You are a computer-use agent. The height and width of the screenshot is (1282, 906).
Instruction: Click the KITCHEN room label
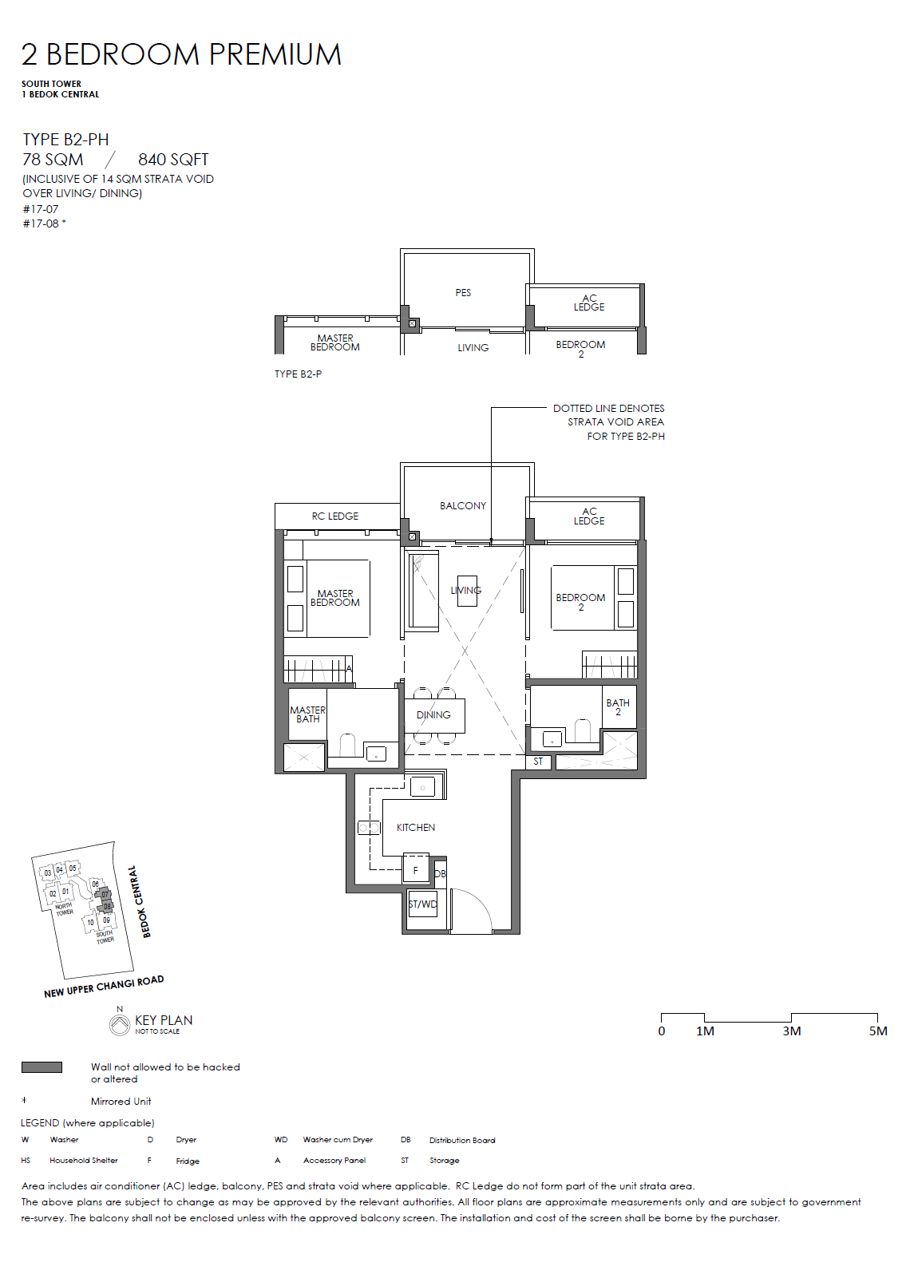click(x=416, y=828)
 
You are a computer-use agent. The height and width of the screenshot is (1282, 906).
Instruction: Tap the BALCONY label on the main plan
click(x=462, y=506)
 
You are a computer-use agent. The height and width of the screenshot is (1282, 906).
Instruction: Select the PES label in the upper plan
click(x=463, y=293)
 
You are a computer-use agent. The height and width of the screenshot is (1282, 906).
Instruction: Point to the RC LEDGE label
click(x=334, y=516)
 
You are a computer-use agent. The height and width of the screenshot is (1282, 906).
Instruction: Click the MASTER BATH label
click(x=308, y=714)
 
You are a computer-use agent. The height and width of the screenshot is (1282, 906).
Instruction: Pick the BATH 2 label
click(x=618, y=706)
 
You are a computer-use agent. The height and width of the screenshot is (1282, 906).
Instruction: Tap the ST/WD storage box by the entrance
click(x=422, y=904)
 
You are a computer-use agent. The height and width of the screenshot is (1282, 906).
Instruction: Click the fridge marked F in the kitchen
click(x=416, y=871)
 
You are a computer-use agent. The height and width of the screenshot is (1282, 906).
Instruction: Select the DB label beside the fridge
click(x=440, y=874)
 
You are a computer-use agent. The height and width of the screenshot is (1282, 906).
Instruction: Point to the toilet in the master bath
click(x=347, y=745)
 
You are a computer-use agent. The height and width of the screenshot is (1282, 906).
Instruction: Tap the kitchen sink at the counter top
click(x=423, y=788)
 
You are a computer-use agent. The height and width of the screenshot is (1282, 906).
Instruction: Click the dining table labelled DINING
click(x=434, y=715)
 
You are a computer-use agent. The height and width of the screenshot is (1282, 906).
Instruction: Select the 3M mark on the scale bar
click(x=792, y=1031)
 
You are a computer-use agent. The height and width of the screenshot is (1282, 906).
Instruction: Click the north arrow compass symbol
click(x=120, y=1025)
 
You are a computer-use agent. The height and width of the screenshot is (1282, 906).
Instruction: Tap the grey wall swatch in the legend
click(x=42, y=1067)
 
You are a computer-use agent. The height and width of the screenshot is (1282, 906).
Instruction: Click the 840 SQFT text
click(x=173, y=160)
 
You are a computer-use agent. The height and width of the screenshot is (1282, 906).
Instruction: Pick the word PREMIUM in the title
click(x=275, y=55)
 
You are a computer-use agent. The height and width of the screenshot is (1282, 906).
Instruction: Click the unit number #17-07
click(x=41, y=209)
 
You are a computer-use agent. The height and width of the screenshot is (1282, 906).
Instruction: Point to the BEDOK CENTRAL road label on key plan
click(x=139, y=901)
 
